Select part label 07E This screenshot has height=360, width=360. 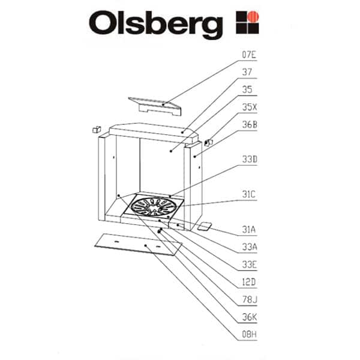249,55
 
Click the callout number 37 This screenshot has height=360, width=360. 247,72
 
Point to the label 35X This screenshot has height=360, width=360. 249,107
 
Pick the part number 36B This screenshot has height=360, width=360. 249,125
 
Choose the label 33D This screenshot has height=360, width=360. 249,160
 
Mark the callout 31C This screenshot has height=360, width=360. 249,194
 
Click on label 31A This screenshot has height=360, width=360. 249,229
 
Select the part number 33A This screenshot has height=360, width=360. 249,247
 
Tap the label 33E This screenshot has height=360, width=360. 249,264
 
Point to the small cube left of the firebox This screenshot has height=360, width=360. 95,130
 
